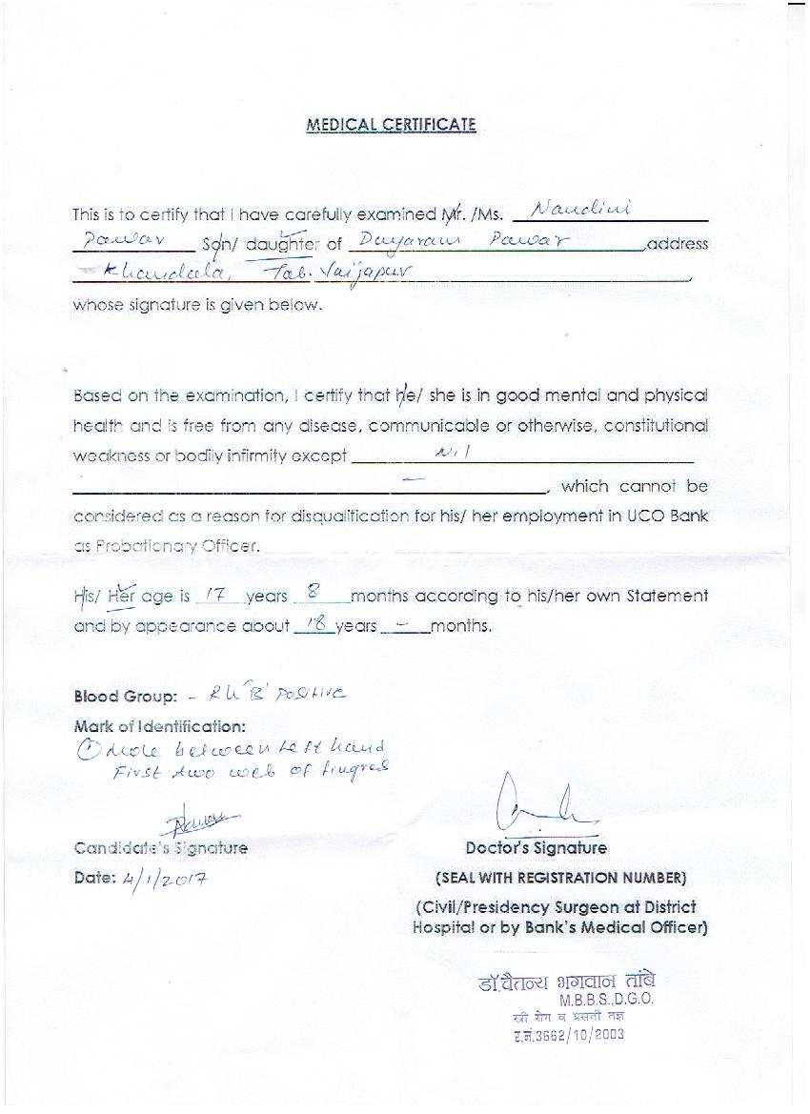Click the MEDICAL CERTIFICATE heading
391,125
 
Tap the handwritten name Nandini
580,209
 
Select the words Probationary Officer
167,546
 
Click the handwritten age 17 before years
215,595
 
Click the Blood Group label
126,697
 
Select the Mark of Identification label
159,726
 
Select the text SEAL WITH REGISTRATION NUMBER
560,878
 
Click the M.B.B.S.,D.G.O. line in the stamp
606,1001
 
